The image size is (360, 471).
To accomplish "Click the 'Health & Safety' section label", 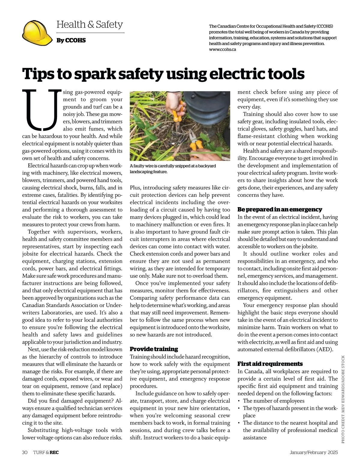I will (89, 24).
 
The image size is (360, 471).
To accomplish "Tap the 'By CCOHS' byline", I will (71, 40).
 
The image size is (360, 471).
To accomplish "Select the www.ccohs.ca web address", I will (222, 50).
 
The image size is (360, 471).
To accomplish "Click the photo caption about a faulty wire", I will (172, 169).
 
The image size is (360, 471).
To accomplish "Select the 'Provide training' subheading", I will (154, 349).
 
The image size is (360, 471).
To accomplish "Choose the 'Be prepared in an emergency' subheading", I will (280, 209).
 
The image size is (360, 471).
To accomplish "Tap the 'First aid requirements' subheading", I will (270, 364).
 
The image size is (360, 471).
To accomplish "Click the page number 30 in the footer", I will (25, 452).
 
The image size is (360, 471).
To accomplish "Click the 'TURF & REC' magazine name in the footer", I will (46, 452).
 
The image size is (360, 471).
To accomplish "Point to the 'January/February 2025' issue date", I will (314, 452).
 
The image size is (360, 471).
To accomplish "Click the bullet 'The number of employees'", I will (273, 401).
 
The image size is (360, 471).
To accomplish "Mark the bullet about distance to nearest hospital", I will (290, 430).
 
